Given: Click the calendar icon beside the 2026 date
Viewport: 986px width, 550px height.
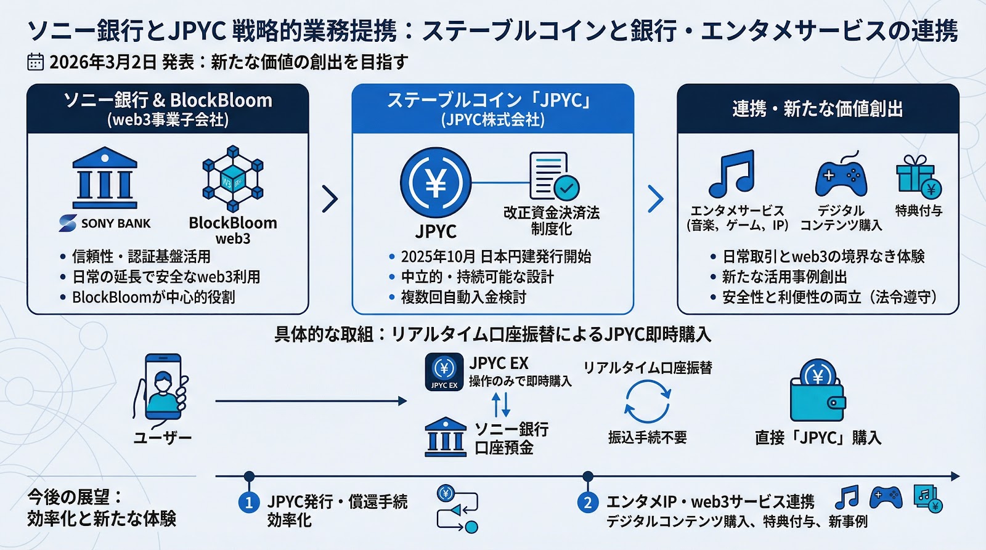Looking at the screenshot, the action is click(x=35, y=62).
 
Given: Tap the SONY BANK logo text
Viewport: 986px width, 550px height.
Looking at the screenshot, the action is click(x=116, y=224).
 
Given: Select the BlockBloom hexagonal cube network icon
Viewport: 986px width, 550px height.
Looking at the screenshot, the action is click(x=233, y=179).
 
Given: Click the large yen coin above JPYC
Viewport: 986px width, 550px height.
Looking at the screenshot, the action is click(x=436, y=182).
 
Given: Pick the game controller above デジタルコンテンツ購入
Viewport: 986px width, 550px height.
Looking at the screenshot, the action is click(x=841, y=175).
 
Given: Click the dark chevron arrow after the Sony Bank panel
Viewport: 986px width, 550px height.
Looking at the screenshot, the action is click(x=330, y=199).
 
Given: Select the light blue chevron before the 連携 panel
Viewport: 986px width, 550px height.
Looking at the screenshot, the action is click(x=656, y=199).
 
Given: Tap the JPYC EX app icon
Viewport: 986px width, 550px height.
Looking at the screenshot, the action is click(x=444, y=372).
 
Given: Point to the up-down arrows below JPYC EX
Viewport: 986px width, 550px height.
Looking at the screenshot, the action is click(x=501, y=405).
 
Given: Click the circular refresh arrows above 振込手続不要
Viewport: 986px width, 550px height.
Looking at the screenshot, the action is click(x=647, y=402).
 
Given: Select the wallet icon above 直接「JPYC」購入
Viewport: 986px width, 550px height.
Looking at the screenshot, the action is click(x=818, y=390).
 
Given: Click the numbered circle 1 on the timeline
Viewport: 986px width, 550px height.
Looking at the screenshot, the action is click(x=249, y=503).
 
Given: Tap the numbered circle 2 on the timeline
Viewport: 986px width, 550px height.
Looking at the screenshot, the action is click(x=588, y=503).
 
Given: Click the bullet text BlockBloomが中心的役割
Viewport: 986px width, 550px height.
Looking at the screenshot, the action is click(x=153, y=297).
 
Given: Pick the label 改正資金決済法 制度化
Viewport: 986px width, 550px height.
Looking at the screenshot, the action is click(x=552, y=221).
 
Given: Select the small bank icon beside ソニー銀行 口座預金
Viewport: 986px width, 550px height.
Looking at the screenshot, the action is click(x=446, y=437).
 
